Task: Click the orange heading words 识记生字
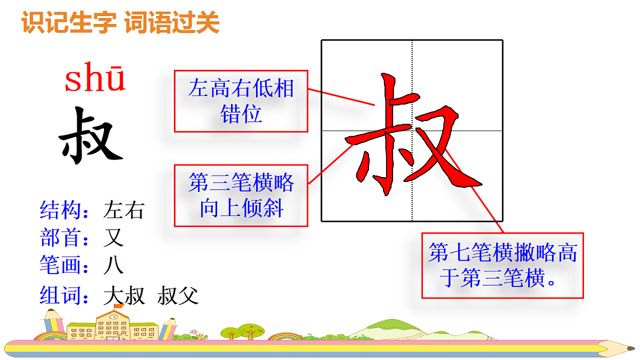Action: pos(70,23)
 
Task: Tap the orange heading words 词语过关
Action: pos(172,23)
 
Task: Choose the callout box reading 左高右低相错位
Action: pos(241,101)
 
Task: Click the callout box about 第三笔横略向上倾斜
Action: pos(241,195)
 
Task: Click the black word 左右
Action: pos(124,210)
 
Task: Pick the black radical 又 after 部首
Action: pos(113,238)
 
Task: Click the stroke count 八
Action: pos(113,265)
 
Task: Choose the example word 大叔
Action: pos(124,295)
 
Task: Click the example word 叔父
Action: pos(178,295)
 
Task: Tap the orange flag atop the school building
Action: pos(119,306)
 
